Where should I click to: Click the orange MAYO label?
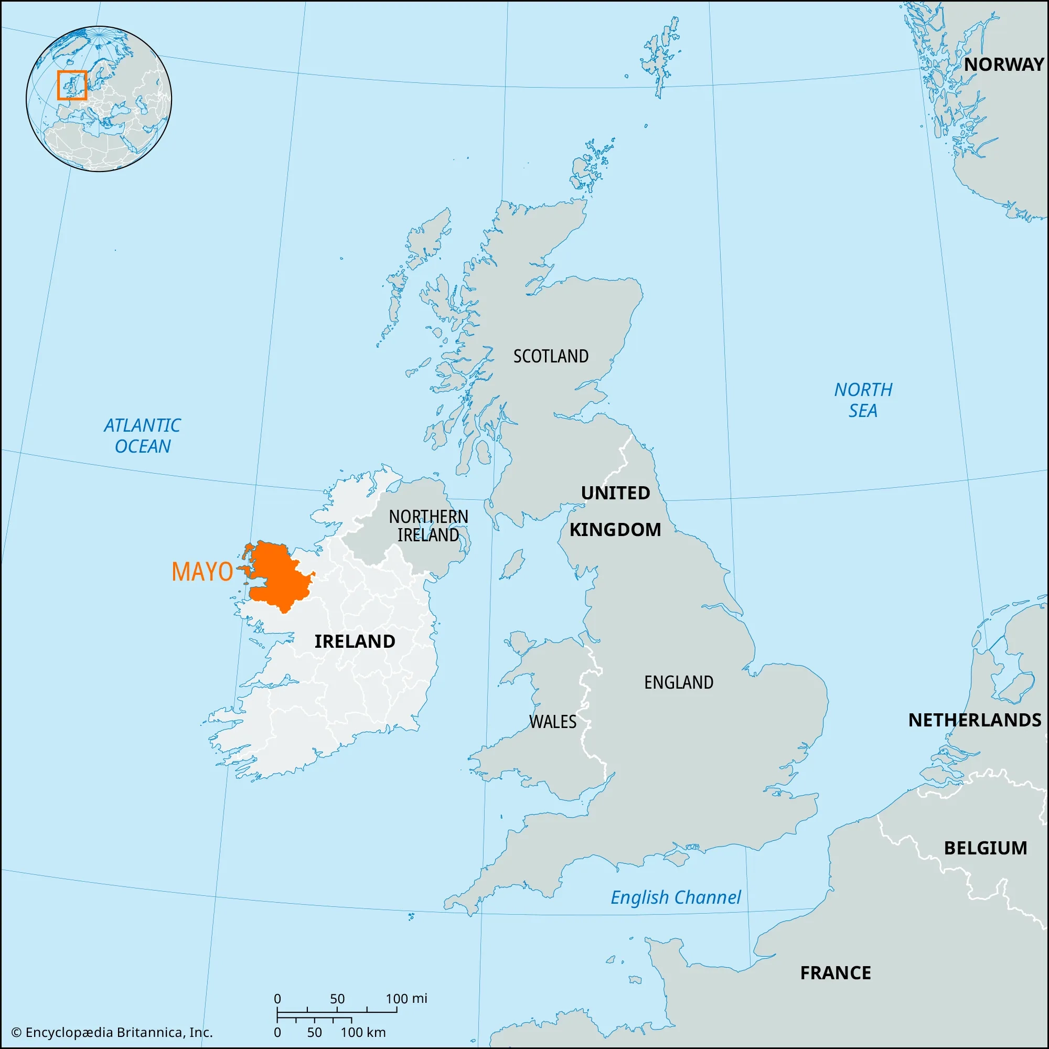coord(202,572)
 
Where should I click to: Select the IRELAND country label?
coord(355,641)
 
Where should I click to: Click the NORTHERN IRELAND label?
coord(429,526)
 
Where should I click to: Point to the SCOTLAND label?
coord(551,356)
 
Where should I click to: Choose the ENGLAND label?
coord(678,682)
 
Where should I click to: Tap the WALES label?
coord(552,722)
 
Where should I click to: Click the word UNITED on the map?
coord(615,493)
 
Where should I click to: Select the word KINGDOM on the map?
coord(615,529)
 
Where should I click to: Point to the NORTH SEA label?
coord(863,400)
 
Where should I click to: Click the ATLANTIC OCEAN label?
coord(142,435)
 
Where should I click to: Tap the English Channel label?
coord(676,897)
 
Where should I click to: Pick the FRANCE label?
coord(835,973)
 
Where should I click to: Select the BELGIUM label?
coord(985,848)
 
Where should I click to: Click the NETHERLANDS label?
coord(975,720)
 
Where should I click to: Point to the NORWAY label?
coord(1003,65)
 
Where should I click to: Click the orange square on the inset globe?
coord(72,85)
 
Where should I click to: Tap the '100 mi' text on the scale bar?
coord(406,999)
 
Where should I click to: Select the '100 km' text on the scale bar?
coord(363,1032)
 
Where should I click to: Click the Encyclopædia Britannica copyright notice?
coord(112,1032)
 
